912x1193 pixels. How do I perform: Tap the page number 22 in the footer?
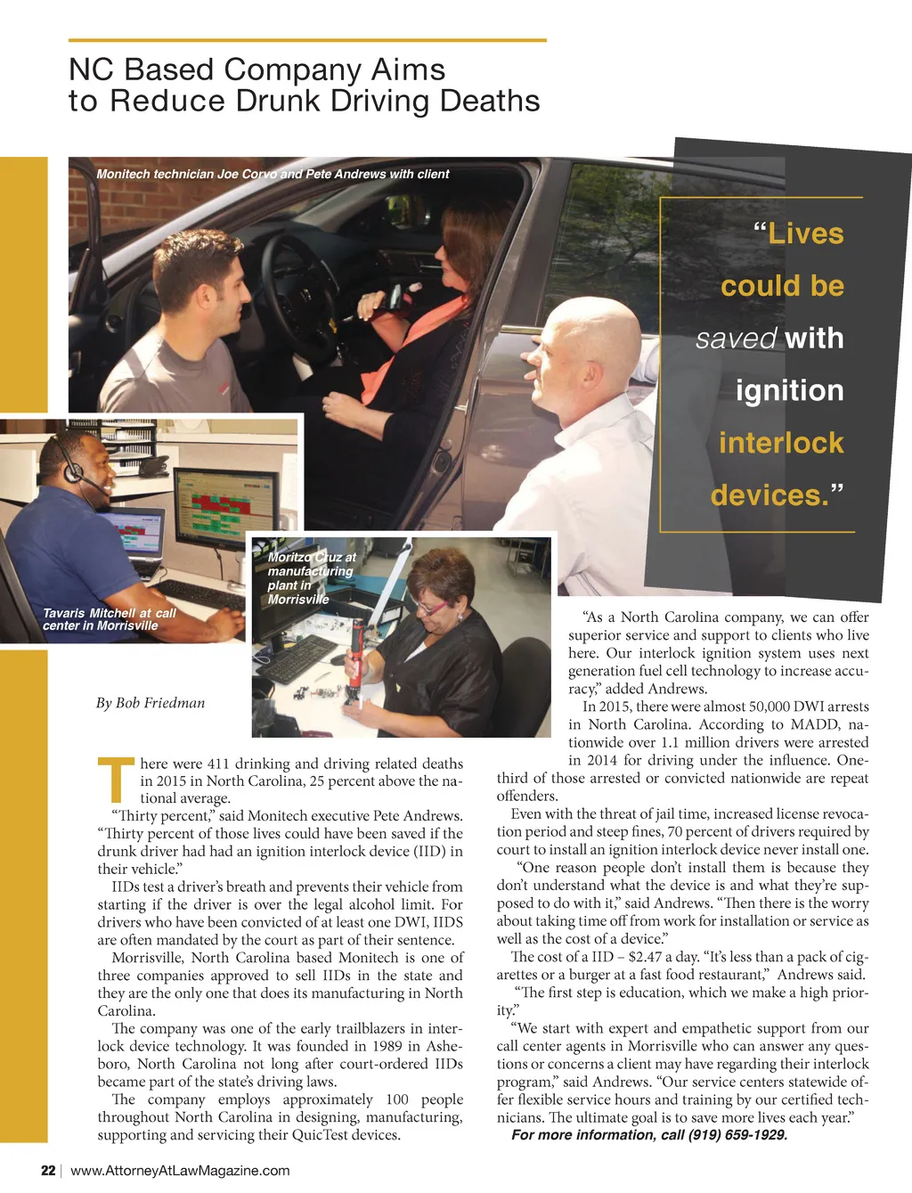pyautogui.click(x=48, y=1170)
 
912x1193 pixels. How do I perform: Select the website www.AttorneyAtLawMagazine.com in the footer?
pyautogui.click(x=180, y=1170)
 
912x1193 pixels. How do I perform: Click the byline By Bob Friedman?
pyautogui.click(x=151, y=703)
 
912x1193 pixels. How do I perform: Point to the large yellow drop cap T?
pyautogui.click(x=116, y=780)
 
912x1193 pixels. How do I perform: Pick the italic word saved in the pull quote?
pyautogui.click(x=737, y=339)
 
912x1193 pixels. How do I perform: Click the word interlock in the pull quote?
pyautogui.click(x=780, y=443)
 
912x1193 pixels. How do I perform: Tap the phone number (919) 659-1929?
pyautogui.click(x=737, y=1135)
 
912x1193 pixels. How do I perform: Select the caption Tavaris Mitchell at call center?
pyautogui.click(x=109, y=619)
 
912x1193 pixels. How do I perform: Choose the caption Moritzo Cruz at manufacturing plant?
pyautogui.click(x=311, y=577)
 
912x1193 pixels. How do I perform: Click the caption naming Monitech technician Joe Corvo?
pyautogui.click(x=273, y=174)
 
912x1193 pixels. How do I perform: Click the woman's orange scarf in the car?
pyautogui.click(x=419, y=334)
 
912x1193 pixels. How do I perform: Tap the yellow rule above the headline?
pyautogui.click(x=307, y=40)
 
